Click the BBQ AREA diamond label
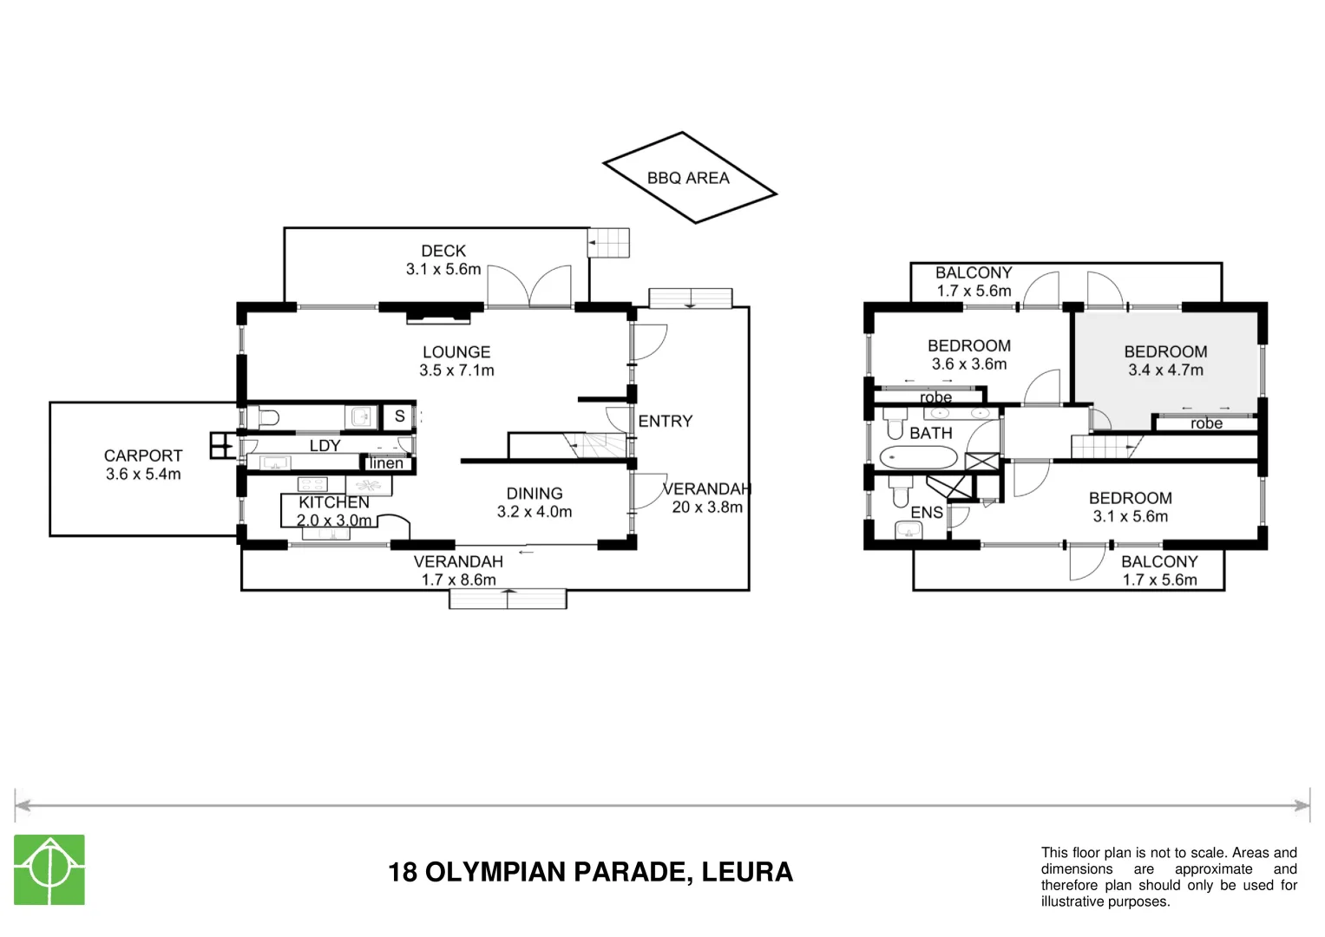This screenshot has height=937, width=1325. pos(688,178)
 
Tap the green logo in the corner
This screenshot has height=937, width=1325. pos(49,869)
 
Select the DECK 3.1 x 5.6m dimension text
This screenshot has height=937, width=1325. pos(443,269)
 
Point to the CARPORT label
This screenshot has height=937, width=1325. pos(143,455)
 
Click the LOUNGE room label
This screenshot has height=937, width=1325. pos(456,352)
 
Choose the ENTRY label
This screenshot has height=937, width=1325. pos(666,421)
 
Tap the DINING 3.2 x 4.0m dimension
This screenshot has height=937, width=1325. pos(535,512)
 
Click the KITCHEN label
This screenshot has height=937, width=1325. pos(334,502)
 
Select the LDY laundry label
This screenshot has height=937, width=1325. pos(325,445)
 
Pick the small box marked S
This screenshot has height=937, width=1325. pos(399,416)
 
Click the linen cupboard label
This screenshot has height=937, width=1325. pos(386,463)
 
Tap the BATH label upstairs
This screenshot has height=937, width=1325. pos(930,433)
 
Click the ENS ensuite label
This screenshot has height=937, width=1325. pos(926,512)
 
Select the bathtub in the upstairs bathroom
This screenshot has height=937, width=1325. pos(918,457)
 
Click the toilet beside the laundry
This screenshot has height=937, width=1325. pos(266,417)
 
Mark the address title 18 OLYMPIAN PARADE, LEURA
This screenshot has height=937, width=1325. pos(590,872)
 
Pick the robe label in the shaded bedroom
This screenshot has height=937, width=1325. pos(1206,423)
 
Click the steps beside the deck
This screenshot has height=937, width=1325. pos(610,243)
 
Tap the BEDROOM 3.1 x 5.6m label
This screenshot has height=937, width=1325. pos(1130,498)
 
